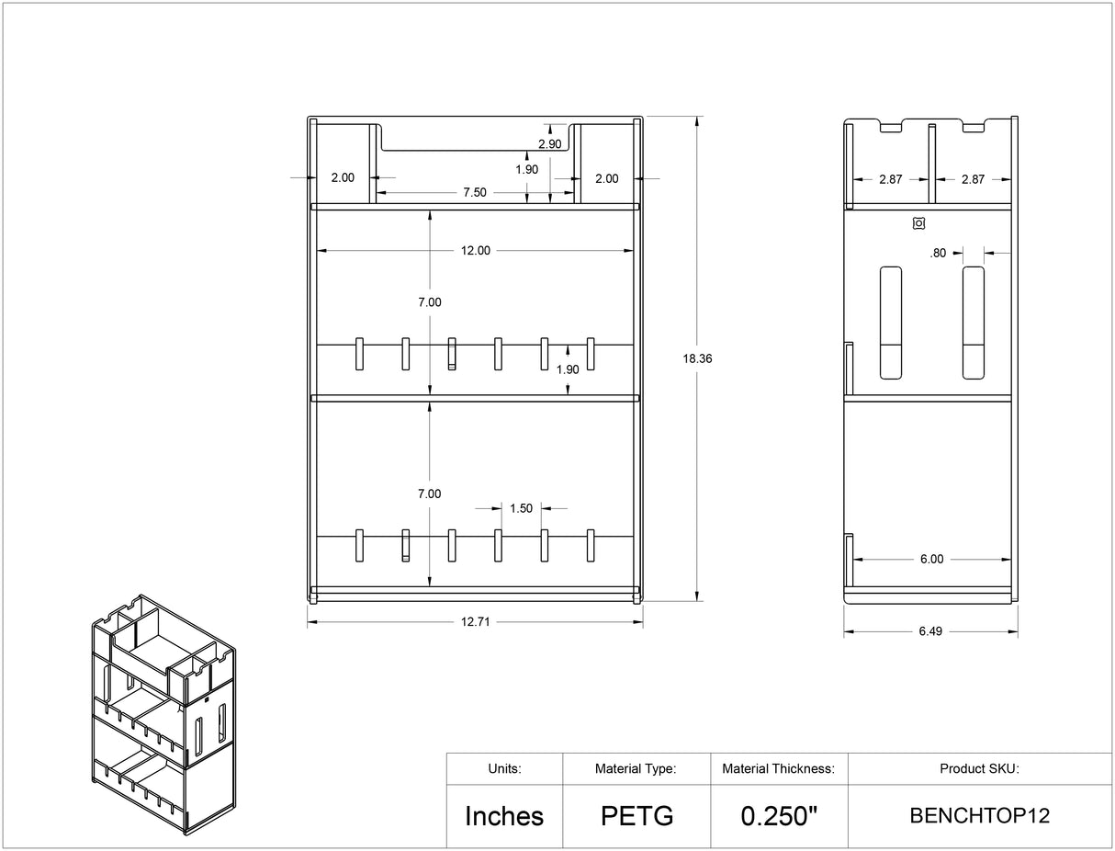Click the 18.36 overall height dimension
pyautogui.click(x=698, y=359)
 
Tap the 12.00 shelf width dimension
pyautogui.click(x=475, y=250)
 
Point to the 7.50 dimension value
pyautogui.click(x=475, y=192)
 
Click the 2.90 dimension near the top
pyautogui.click(x=550, y=144)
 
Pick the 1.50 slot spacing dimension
pyautogui.click(x=521, y=508)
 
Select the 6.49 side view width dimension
pyautogui.click(x=930, y=631)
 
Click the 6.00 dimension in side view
pyautogui.click(x=930, y=559)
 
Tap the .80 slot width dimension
pyautogui.click(x=938, y=253)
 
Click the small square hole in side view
pyautogui.click(x=918, y=222)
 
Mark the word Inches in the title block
pyautogui.click(x=504, y=815)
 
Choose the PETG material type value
pyautogui.click(x=636, y=815)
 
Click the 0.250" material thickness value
pyautogui.click(x=779, y=815)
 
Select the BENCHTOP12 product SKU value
pyautogui.click(x=979, y=815)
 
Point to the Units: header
pyautogui.click(x=504, y=768)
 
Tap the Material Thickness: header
pyautogui.click(x=779, y=768)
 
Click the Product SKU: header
pyautogui.click(x=979, y=768)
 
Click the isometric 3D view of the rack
pyautogui.click(x=163, y=713)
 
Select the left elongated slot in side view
pyautogui.click(x=891, y=323)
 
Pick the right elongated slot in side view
pyautogui.click(x=973, y=323)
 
